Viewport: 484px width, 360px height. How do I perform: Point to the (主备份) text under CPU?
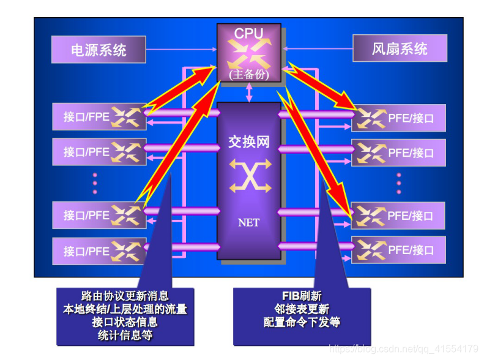(x=248, y=74)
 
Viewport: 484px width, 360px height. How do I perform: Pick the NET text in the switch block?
(x=248, y=222)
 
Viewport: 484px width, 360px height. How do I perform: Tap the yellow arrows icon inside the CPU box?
(x=248, y=54)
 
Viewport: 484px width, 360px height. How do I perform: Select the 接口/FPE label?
(x=86, y=116)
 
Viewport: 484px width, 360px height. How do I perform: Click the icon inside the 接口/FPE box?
(x=129, y=116)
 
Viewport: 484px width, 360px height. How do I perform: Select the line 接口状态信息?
(x=125, y=322)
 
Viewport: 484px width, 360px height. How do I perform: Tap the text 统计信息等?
(x=125, y=335)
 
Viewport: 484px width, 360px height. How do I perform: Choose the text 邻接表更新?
(x=302, y=309)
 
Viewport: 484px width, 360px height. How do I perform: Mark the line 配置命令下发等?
(x=302, y=322)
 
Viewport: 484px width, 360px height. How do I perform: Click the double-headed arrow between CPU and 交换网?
(x=249, y=92)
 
